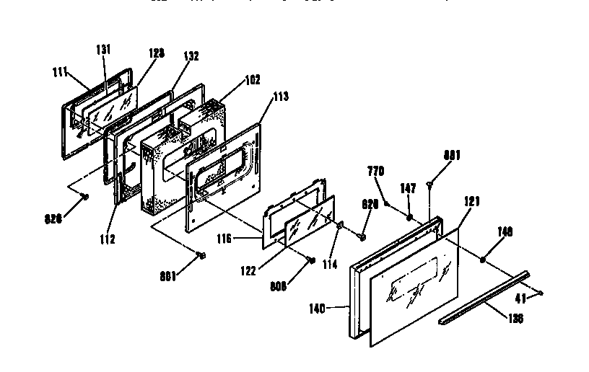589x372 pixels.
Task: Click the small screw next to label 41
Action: pos(538,292)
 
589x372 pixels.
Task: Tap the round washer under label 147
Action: pos(409,216)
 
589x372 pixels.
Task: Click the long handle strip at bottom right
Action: pos(484,296)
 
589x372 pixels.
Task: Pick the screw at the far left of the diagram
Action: pos(84,195)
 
